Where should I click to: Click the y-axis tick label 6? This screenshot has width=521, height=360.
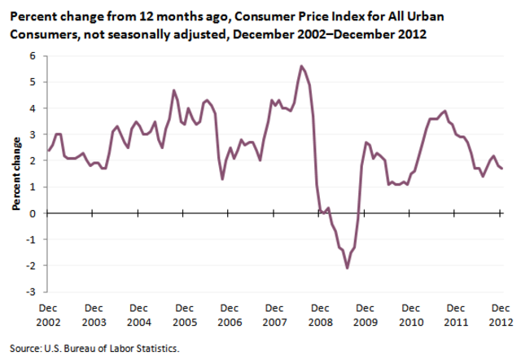click(x=34, y=56)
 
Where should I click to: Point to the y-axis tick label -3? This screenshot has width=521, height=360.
click(x=33, y=292)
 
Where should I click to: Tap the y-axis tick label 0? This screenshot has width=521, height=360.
click(x=34, y=213)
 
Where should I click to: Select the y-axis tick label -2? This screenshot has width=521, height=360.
click(x=33, y=266)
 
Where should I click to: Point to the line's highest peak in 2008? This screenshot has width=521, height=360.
click(x=302, y=66)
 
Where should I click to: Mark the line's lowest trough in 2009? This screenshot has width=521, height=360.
click(x=347, y=268)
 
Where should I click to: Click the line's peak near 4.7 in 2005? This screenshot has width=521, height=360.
click(x=174, y=90)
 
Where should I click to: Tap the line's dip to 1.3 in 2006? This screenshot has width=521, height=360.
click(x=223, y=179)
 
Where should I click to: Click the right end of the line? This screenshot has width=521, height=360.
click(x=502, y=169)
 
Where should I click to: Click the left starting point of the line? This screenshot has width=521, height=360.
click(x=48, y=151)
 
